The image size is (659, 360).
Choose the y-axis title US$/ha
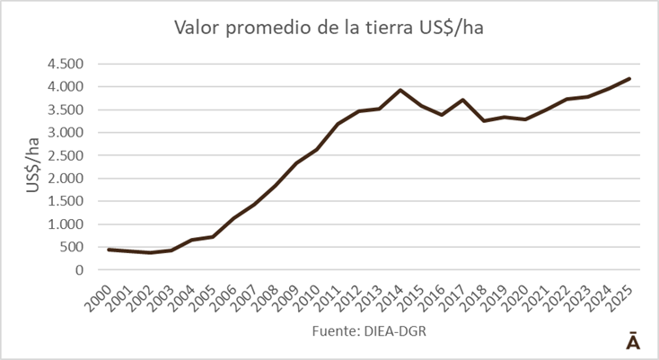pos(32,166)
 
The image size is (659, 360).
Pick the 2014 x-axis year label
pos(391,294)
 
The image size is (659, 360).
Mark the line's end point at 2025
pos(629,78)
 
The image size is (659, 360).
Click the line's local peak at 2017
pos(461,100)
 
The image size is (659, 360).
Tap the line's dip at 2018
pos(483,120)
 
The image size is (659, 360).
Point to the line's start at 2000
pos(109,250)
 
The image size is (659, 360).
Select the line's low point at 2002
pos(150,252)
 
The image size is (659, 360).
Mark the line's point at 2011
pos(338,124)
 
